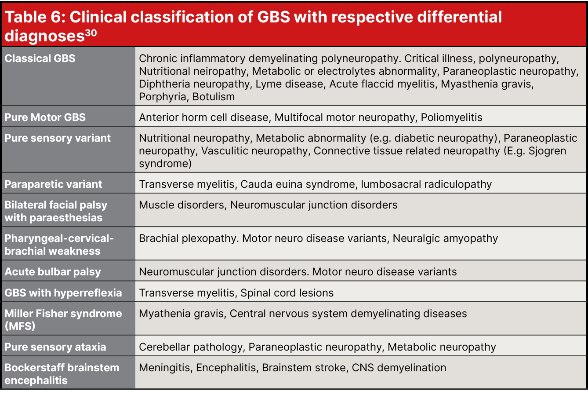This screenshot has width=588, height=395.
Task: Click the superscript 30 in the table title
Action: (x=91, y=33)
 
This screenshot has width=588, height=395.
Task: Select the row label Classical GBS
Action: (x=40, y=59)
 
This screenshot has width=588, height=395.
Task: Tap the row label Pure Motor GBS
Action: (x=45, y=117)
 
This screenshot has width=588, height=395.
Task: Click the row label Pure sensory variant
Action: (x=58, y=138)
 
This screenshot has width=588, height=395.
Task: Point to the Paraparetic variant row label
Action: (x=53, y=184)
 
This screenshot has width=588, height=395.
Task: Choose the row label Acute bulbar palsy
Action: (x=53, y=272)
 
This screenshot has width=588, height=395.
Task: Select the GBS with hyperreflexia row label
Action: (x=63, y=293)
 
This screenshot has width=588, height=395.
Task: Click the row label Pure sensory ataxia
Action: (x=55, y=347)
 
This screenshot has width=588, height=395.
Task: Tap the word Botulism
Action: (x=214, y=97)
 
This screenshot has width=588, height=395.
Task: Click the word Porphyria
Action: (x=163, y=97)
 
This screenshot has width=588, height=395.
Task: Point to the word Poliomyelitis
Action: (x=451, y=117)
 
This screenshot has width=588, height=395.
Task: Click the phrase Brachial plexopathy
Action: (x=189, y=238)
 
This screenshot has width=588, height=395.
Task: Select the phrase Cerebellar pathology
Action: (x=190, y=347)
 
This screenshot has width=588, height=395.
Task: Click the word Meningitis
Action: (x=164, y=368)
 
